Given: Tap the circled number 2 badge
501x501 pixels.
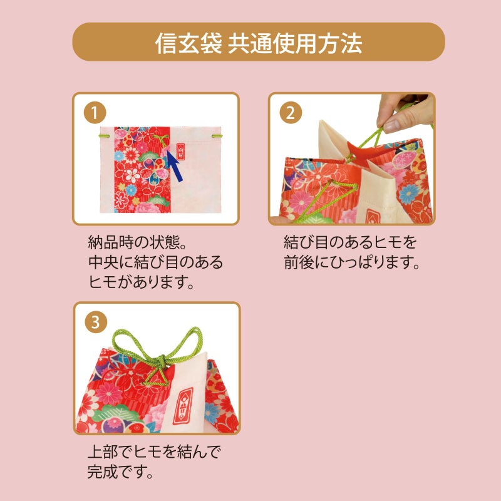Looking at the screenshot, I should [x=289, y=113].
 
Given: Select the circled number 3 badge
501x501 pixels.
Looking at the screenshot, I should [x=95, y=321].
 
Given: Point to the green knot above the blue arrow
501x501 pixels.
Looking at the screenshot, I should [x=162, y=138].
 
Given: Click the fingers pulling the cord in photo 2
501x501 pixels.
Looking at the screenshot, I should [x=401, y=113].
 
